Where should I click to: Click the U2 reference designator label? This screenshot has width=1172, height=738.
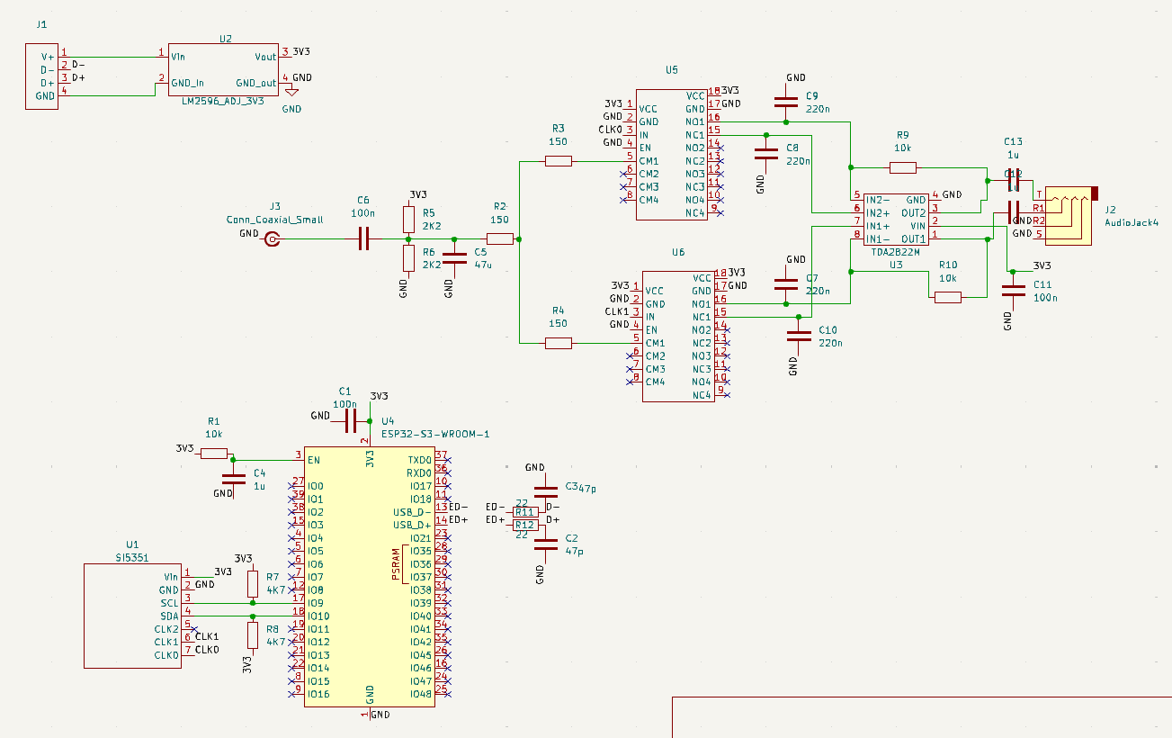(225, 39)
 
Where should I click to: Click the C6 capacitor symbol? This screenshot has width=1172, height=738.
(363, 239)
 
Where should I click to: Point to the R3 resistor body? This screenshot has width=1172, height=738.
(559, 161)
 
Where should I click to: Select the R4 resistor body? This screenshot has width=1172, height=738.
(559, 343)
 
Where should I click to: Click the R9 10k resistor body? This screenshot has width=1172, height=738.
(902, 167)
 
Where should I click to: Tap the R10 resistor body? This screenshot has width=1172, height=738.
(947, 297)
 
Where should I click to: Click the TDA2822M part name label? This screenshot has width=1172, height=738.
(895, 253)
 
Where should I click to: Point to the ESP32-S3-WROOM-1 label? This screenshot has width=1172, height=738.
(434, 434)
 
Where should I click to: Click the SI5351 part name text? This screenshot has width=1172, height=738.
(133, 557)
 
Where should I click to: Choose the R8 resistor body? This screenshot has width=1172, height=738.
(253, 634)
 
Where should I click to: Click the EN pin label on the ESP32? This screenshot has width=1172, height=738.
(314, 460)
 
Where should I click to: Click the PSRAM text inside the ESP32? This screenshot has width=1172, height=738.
(396, 564)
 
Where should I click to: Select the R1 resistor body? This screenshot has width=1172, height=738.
(213, 454)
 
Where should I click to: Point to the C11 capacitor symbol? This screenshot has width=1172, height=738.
(1014, 292)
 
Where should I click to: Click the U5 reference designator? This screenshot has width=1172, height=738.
(672, 69)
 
